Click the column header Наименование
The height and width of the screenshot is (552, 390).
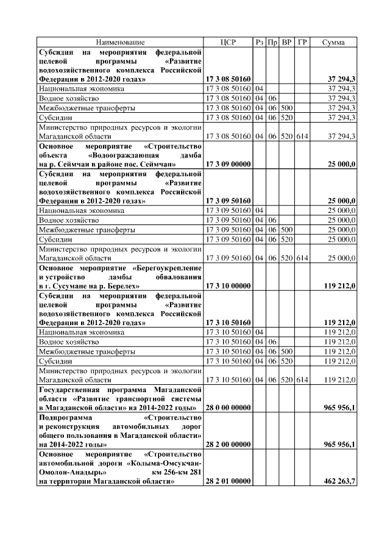pos(120,43)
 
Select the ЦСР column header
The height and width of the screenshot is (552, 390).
pos(228,43)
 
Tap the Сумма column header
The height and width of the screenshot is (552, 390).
pos(333,43)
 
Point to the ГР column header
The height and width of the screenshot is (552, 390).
pos(302,43)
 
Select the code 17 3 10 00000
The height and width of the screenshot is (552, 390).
pos(229,285)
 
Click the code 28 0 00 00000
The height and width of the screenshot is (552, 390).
pos(229,407)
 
